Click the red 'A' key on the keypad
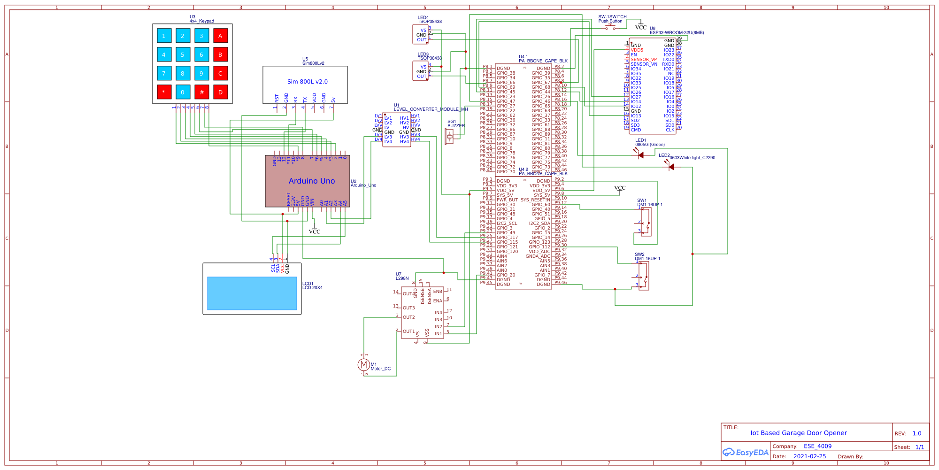coord(220,36)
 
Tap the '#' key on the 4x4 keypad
coord(201,92)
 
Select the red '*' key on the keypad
coord(164,92)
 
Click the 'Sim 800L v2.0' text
coord(308,82)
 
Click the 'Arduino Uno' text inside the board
coord(312,181)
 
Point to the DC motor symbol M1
coord(363,364)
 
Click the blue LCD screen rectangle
coord(252,293)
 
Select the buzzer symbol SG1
coord(450,137)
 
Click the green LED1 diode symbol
coord(640,155)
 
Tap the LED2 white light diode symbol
coord(671,167)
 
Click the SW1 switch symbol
coord(646,222)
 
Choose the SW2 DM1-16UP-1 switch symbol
coord(644,276)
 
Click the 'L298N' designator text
coord(402,278)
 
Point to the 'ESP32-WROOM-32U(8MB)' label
coord(677,33)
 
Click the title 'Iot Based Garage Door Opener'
coord(798,433)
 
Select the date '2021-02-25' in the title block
coord(809,456)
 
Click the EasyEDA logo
coord(745,453)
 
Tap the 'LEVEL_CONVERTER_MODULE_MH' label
coord(431,109)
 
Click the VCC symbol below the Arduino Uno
coord(315,231)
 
